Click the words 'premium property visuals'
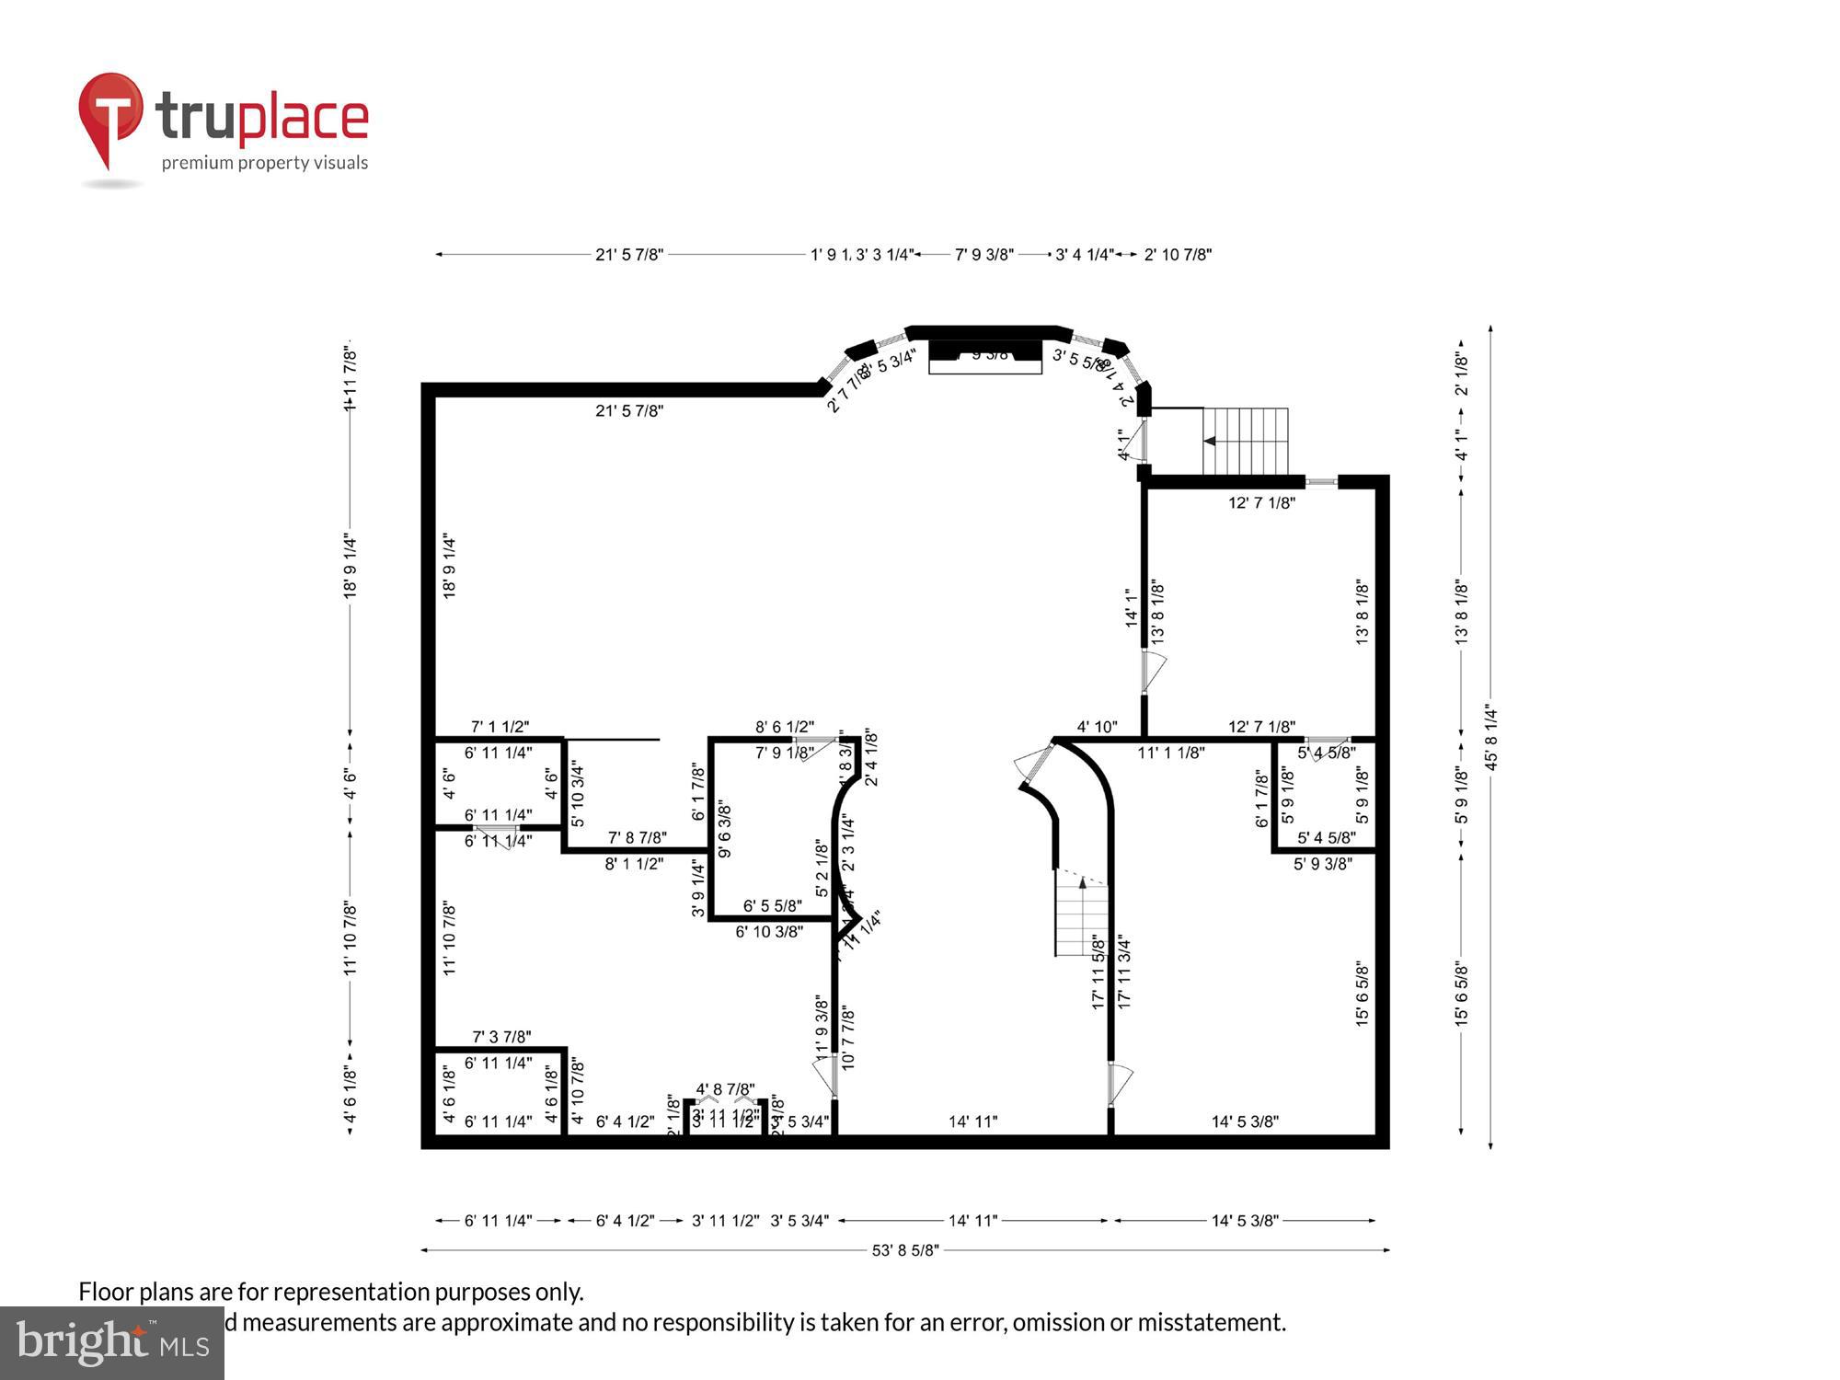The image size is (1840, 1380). point(265,164)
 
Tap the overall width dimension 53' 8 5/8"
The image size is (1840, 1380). point(905,1250)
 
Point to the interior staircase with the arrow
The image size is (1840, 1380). point(1082,915)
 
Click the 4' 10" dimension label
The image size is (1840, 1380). point(1097,727)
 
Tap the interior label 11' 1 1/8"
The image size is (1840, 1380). point(1170,753)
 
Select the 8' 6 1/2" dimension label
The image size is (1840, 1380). point(785,727)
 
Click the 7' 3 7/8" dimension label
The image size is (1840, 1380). point(501,1037)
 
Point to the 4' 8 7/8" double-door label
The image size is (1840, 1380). point(725,1089)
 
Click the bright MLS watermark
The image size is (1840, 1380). point(112,1343)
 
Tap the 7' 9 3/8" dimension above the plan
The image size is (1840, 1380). point(983,255)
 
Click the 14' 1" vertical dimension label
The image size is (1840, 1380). point(1132,608)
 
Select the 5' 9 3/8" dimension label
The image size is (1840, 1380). point(1322,864)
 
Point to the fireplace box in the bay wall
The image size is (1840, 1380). point(984,356)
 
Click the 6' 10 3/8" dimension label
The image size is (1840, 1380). point(769,932)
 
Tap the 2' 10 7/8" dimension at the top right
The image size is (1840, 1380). point(1178,255)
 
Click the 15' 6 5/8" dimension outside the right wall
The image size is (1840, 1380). point(1461,994)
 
